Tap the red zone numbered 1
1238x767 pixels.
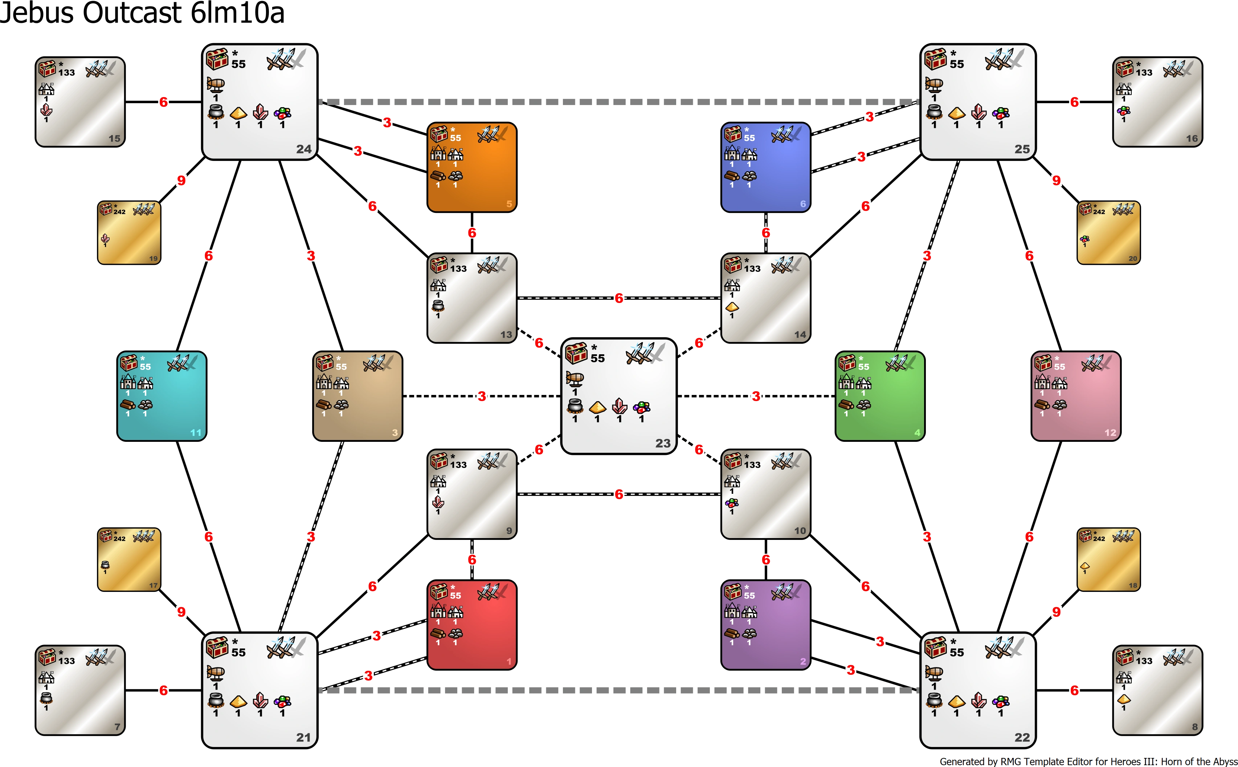pyautogui.click(x=472, y=625)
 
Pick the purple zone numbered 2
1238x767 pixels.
pyautogui.click(x=766, y=625)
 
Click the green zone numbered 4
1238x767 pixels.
pyautogui.click(x=880, y=396)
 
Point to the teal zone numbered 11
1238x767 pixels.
pyautogui.click(x=162, y=396)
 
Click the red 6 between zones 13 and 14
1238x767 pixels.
pyautogui.click(x=619, y=298)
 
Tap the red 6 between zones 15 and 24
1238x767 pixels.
pyautogui.click(x=163, y=102)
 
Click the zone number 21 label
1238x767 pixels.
pyautogui.click(x=303, y=738)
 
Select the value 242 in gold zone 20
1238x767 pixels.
pyautogui.click(x=1099, y=211)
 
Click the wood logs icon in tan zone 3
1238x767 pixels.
pyautogui.click(x=324, y=404)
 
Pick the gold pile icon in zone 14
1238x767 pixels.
pyautogui.click(x=732, y=306)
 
